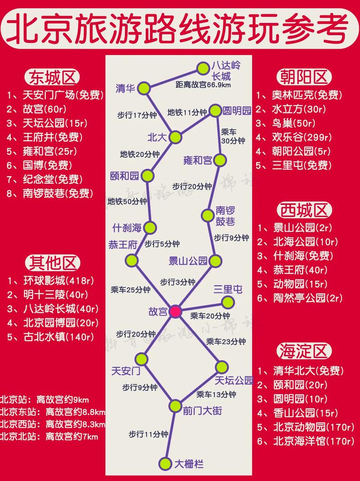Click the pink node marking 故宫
(175, 311)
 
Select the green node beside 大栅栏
(166, 463)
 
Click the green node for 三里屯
(228, 302)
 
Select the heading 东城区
(53, 77)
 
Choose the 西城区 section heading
(305, 210)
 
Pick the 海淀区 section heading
(305, 351)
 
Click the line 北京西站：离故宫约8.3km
(53, 424)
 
